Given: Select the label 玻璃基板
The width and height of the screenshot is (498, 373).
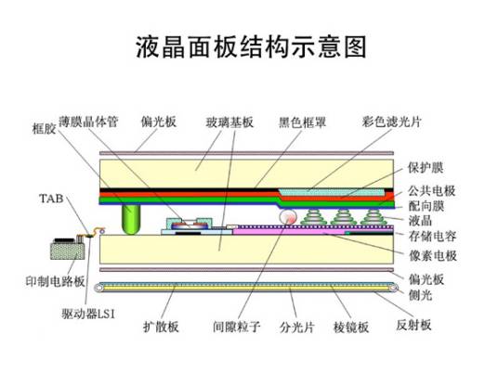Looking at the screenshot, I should point(229,122).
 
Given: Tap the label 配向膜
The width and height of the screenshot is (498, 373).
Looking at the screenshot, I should point(426,205).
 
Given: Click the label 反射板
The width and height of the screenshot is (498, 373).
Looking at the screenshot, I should point(413,326).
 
